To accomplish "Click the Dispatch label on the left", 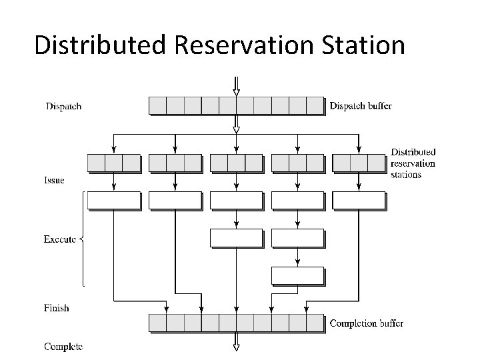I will [x=63, y=106].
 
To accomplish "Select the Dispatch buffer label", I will [x=361, y=106].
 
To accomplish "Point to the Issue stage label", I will [x=54, y=180].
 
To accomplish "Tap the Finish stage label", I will [x=56, y=308].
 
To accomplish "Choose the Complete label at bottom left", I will [x=63, y=346].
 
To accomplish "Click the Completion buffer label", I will [x=366, y=324].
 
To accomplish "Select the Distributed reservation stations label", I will [x=413, y=163].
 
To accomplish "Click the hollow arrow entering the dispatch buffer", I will [x=236, y=87].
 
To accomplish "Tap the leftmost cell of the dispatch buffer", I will [x=157, y=105].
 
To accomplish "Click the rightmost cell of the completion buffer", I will [x=315, y=323].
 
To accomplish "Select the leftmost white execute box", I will [x=114, y=200].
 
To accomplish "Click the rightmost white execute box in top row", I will [x=359, y=200].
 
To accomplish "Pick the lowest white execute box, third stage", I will [x=297, y=275].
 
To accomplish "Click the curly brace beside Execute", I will [x=82, y=239].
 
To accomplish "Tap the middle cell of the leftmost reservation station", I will [x=114, y=163].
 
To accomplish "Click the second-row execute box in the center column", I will [x=236, y=237].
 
